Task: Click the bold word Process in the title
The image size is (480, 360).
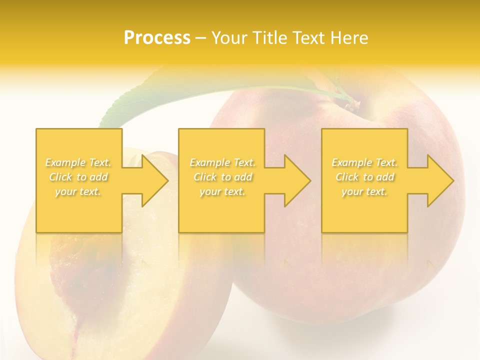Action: [x=157, y=38]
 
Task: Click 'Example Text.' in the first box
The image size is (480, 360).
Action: [x=78, y=162]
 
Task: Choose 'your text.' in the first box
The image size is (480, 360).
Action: [x=78, y=191]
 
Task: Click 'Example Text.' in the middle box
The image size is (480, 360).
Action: [x=222, y=162]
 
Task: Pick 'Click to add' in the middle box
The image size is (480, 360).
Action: [x=222, y=177]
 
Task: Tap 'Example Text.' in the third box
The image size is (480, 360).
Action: [x=364, y=162]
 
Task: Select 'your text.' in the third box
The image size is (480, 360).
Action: [x=364, y=191]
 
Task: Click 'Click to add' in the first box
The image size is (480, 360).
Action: [x=78, y=177]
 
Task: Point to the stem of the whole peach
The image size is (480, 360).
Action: [x=353, y=104]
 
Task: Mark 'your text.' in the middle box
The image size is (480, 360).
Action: [x=222, y=191]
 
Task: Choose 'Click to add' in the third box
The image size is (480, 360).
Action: [x=364, y=177]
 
